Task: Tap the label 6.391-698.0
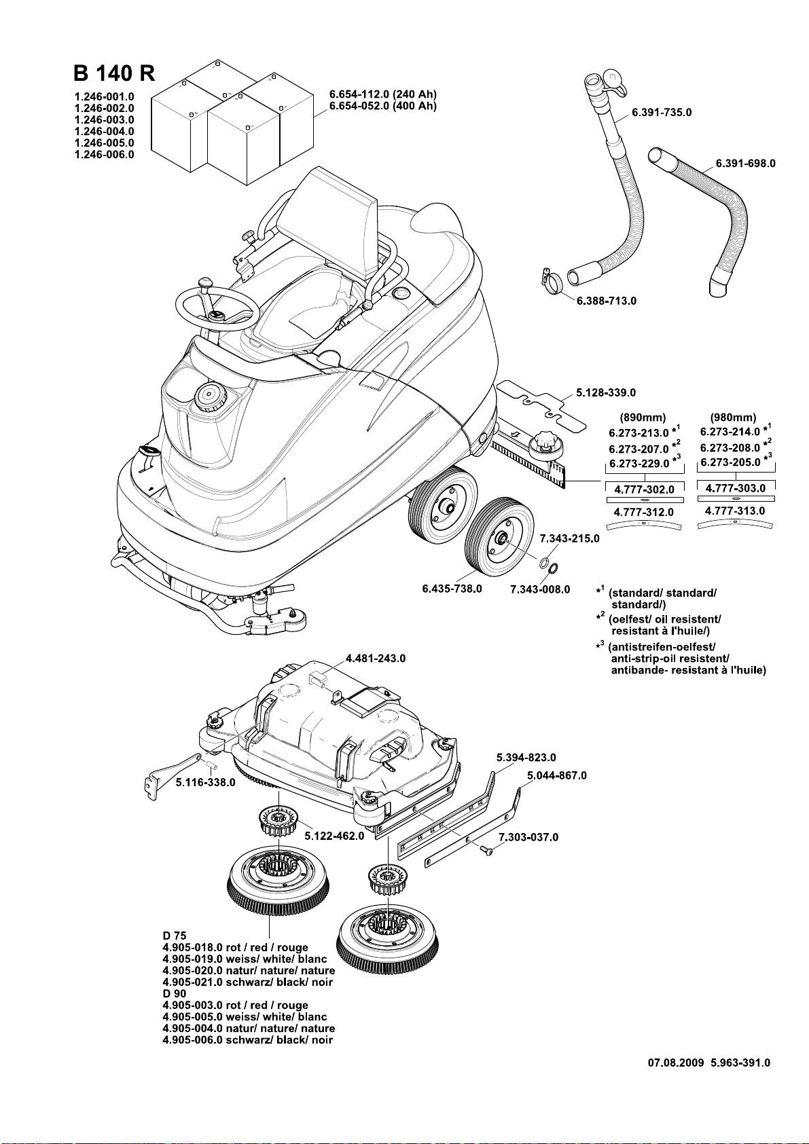point(745,164)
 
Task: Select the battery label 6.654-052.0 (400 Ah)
point(382,106)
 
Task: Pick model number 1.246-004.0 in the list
point(104,131)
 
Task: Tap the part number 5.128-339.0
point(606,392)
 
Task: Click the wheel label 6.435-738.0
point(452,588)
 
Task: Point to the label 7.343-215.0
point(570,539)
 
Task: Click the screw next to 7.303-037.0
point(485,849)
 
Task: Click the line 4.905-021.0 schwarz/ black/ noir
point(247,982)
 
